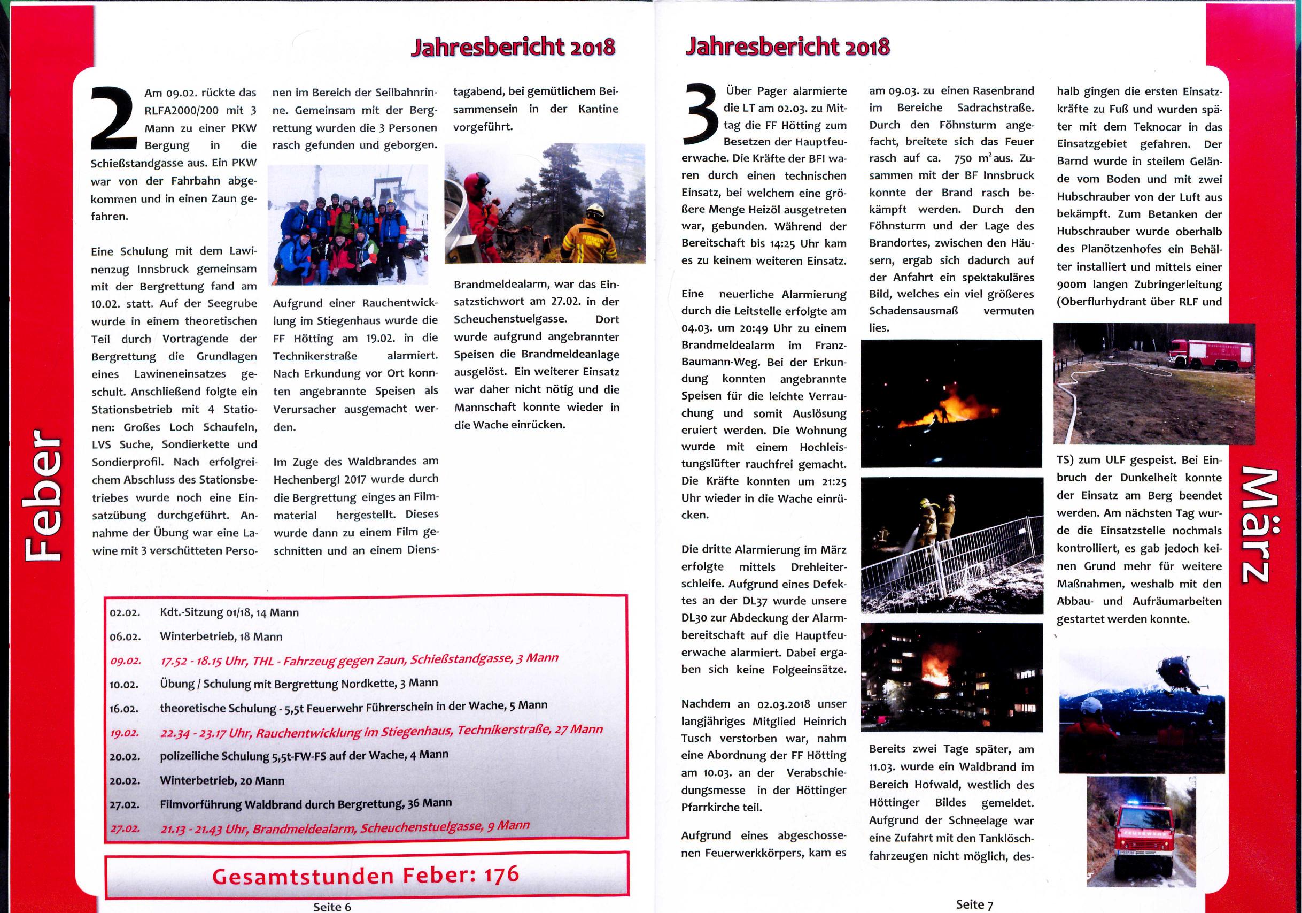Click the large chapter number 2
[114, 119]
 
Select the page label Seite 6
[332, 906]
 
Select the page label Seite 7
[974, 904]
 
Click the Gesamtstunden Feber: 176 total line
[366, 875]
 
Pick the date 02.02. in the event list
[125, 613]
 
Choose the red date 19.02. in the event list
[125, 733]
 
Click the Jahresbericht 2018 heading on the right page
[788, 47]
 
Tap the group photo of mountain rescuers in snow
[347, 225]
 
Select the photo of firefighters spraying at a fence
[951, 546]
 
